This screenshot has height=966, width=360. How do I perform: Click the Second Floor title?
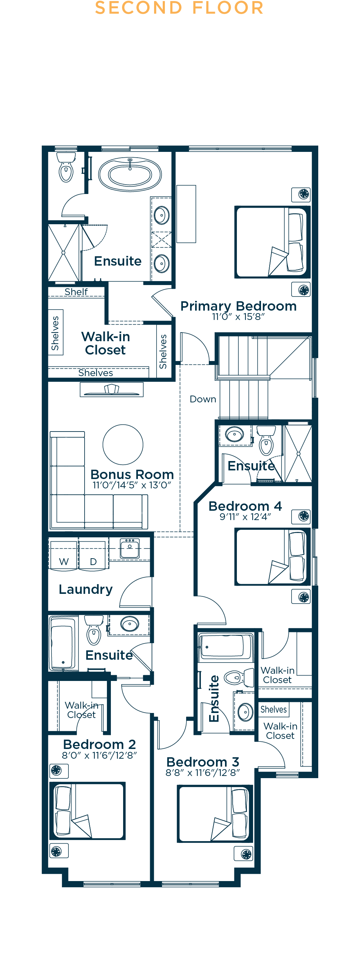coord(179,8)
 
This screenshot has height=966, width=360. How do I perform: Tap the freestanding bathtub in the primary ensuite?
coord(130,174)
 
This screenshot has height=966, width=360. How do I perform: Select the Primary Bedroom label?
coord(238,306)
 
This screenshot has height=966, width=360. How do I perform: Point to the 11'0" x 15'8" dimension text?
coord(238,317)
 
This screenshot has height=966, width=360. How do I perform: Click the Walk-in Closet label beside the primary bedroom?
coord(106,343)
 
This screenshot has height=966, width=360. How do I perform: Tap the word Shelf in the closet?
coord(76,292)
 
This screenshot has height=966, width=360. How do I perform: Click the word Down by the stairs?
coord(203,399)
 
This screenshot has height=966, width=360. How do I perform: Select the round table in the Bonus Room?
coord(123,444)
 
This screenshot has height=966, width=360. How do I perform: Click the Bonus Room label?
coord(132,474)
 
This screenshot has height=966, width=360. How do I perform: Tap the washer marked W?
coord(63,555)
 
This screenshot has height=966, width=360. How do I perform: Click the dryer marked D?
coord(93,555)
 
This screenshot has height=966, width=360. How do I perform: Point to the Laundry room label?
coord(86,590)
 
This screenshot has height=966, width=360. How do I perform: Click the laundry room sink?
coord(130,548)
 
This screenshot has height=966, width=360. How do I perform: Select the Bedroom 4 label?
coord(245,506)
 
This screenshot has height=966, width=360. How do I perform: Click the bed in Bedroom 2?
coord(88,811)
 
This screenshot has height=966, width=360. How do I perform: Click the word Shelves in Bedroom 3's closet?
coord(274,709)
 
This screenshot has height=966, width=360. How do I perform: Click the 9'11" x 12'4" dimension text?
coord(245,517)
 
